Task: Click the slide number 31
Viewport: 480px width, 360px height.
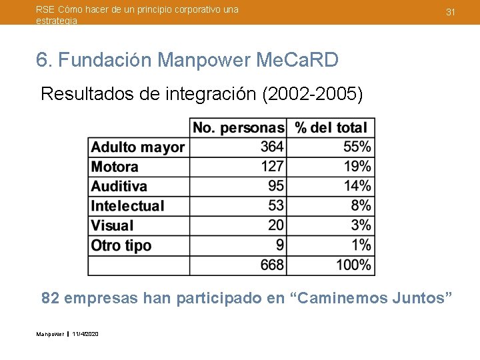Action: click(451, 13)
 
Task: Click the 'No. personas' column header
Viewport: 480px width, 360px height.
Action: click(238, 127)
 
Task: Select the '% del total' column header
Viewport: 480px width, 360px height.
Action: click(331, 127)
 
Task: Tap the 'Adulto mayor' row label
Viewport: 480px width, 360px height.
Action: click(138, 147)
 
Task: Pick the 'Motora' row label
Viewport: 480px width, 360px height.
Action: click(115, 167)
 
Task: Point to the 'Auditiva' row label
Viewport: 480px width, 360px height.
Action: click(119, 186)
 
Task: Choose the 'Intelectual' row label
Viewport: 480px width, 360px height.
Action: click(127, 206)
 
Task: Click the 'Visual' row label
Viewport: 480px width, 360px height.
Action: click(112, 225)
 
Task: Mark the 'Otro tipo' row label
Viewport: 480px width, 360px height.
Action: click(121, 245)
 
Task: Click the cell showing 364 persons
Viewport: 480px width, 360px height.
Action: click(272, 147)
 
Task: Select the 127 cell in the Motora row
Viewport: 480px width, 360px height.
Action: click(272, 167)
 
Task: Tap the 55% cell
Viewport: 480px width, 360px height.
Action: click(358, 147)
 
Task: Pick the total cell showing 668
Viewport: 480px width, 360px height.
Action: click(272, 265)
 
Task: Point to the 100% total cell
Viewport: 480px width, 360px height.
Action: click(353, 265)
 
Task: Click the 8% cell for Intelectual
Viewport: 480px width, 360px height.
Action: click(361, 206)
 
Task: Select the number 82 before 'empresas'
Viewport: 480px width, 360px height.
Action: click(50, 298)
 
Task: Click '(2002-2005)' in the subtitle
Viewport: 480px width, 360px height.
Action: click(313, 94)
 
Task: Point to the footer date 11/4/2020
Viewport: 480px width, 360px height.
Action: click(85, 333)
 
